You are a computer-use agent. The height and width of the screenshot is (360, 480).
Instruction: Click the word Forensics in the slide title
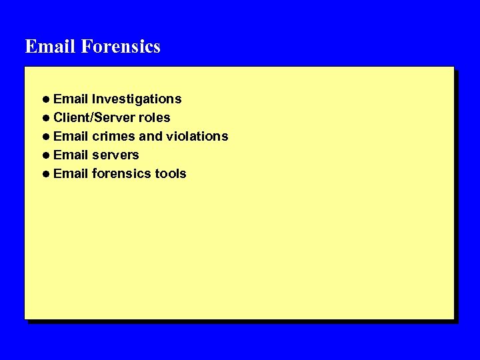(121, 47)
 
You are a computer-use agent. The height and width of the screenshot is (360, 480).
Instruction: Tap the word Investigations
(137, 99)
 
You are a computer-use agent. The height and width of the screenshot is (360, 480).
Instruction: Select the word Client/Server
(94, 118)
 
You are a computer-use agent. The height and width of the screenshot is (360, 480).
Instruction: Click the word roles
(154, 118)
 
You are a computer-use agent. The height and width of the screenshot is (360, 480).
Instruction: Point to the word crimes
(113, 137)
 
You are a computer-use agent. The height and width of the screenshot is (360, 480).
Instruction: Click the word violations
(197, 137)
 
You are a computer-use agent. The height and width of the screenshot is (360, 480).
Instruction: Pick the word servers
(115, 155)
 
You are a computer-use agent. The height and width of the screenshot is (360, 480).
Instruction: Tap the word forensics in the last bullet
(121, 174)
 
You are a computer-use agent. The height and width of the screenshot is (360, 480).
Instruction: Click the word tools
(171, 174)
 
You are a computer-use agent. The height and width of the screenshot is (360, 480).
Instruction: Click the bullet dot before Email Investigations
(45, 99)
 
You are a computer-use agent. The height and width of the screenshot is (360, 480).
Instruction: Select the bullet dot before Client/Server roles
(45, 118)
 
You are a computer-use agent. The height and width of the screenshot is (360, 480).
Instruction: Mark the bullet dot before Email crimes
(45, 137)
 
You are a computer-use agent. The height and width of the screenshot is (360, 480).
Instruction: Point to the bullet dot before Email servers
(45, 155)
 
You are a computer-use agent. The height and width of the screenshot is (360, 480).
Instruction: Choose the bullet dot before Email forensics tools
(45, 174)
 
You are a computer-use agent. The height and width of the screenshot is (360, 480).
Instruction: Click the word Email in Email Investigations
(71, 99)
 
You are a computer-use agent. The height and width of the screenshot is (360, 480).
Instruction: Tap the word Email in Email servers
(71, 155)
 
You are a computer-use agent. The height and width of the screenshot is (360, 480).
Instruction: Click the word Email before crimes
(71, 137)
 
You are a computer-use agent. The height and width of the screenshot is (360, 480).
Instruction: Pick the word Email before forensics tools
(71, 174)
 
